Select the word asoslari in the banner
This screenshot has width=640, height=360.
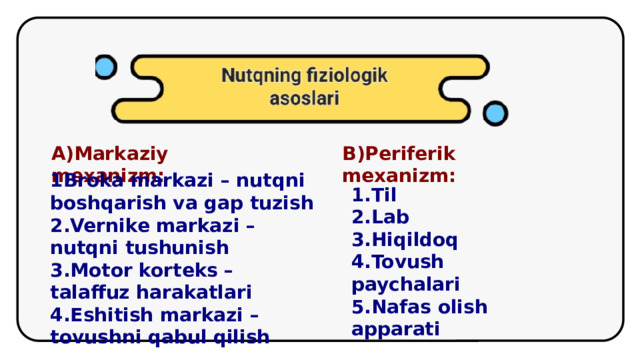pos(304,99)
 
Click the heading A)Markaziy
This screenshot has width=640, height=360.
pos(109,154)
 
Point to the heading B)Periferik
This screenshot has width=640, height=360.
pos(398,154)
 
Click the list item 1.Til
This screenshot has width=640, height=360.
pos(375,195)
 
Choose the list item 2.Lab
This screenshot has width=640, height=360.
pos(380,217)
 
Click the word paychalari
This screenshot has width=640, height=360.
pos(405,285)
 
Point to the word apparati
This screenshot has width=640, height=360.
pos(395,328)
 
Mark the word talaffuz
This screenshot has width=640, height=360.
pos(87,293)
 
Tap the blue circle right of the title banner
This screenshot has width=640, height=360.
pos(495,113)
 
